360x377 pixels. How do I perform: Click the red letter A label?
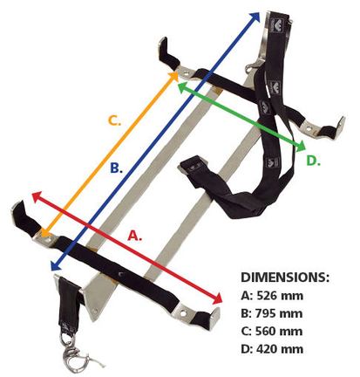tap(135, 235)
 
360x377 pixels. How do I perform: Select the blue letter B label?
tap(116, 168)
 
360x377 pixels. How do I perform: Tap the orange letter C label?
tap(114, 120)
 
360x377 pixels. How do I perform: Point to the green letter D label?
tap(314, 161)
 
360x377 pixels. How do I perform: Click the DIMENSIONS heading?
tap(285, 278)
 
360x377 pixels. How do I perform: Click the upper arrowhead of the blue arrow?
tap(255, 17)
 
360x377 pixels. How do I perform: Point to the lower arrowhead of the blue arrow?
tap(56, 264)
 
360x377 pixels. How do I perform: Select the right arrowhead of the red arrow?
tap(217, 298)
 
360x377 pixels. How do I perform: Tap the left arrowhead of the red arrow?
tap(37, 197)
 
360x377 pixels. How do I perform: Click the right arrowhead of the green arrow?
tap(301, 147)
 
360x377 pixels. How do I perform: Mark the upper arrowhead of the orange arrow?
tap(173, 76)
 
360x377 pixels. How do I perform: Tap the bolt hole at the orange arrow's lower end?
tap(48, 240)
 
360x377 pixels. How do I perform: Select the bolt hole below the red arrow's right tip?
tap(183, 313)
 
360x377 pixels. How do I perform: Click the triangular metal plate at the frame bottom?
tap(95, 295)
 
